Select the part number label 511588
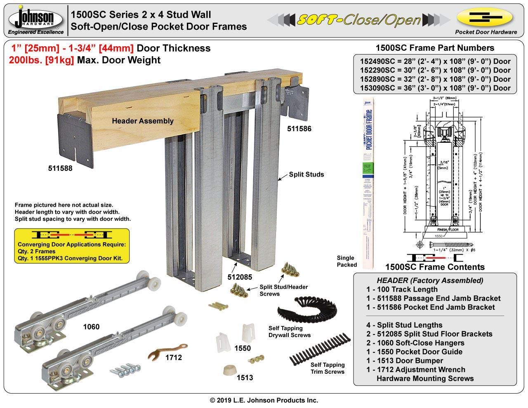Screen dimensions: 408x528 pos(60,168)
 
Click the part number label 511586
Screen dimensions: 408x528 pos(299,129)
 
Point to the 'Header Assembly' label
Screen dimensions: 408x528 pos(143,121)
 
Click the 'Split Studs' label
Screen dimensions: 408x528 pos(306,175)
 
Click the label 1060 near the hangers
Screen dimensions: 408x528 pos(91,327)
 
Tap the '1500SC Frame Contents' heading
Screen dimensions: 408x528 pos(435,267)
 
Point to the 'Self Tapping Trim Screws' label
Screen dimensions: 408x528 pos(328,368)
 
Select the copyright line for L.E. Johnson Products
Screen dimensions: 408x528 pos(264,400)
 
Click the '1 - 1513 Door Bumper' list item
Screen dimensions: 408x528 pos(408,361)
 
